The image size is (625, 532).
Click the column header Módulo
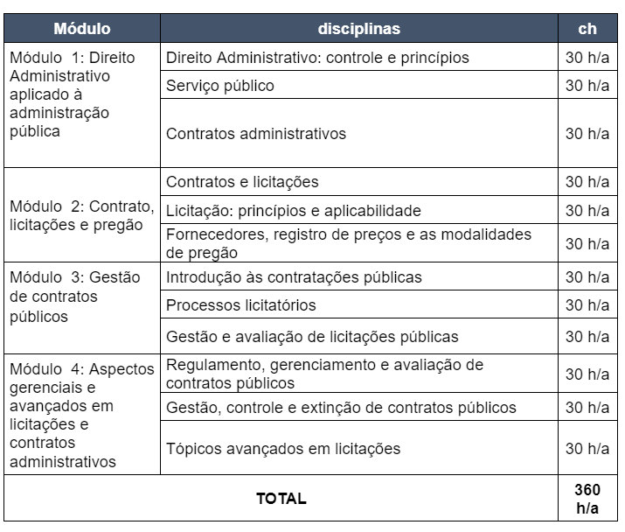tap(81, 29)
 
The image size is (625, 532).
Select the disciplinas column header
tap(358, 29)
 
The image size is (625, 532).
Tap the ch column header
tap(587, 29)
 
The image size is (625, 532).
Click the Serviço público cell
tap(220, 86)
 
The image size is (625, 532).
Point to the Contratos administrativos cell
tap(256, 134)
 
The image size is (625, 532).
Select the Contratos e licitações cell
tap(242, 182)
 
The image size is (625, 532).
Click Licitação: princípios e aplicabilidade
tap(294, 211)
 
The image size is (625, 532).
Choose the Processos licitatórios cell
tap(241, 305)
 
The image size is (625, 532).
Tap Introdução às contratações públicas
tap(294, 277)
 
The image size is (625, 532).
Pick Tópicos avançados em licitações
tap(283, 449)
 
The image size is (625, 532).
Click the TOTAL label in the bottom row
tap(281, 499)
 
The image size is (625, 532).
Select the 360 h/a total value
tap(587, 499)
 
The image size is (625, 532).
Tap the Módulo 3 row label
tap(74, 297)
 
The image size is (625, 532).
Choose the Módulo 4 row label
tap(81, 415)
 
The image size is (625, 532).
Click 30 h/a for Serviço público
tap(587, 86)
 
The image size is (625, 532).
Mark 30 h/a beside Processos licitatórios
tap(587, 305)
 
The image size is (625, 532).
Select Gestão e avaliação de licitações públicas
tap(312, 337)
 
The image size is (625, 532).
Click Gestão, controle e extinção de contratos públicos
tap(341, 408)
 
